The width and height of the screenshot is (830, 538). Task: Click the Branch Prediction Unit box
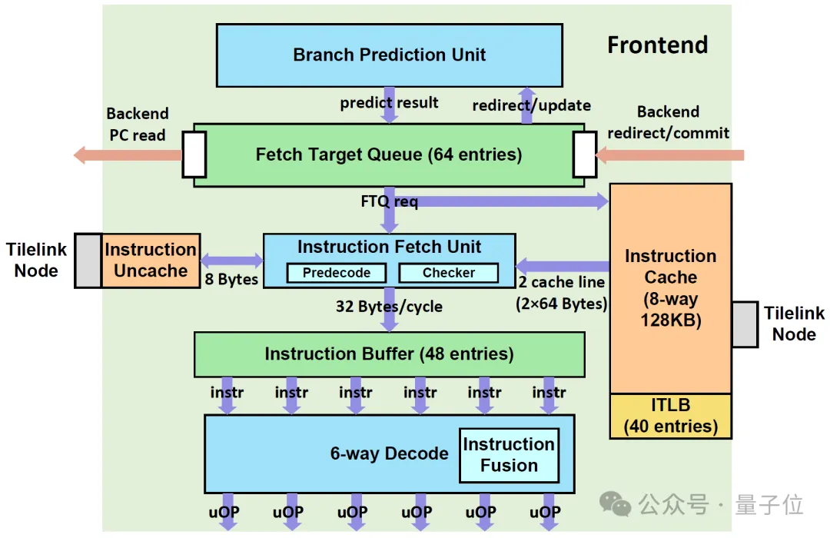click(x=389, y=55)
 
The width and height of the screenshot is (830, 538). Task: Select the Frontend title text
click(x=657, y=45)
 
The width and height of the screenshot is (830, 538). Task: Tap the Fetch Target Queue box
click(x=388, y=154)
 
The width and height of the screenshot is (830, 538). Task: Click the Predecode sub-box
click(x=336, y=273)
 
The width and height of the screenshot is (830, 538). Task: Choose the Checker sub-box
click(x=448, y=273)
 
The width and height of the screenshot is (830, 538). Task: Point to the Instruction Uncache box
click(x=151, y=261)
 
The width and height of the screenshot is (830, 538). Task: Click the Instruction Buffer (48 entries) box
click(x=389, y=354)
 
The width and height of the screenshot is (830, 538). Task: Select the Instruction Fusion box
click(x=509, y=455)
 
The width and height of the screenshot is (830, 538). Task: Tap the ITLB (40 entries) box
click(x=670, y=416)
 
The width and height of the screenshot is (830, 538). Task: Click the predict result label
click(x=389, y=102)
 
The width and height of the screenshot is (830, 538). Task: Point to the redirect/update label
click(x=531, y=105)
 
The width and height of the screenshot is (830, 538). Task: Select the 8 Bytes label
click(x=231, y=279)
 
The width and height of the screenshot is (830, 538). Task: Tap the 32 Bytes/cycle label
click(x=389, y=306)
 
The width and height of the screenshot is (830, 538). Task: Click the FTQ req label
click(x=389, y=202)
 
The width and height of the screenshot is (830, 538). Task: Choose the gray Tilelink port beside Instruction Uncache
click(x=88, y=261)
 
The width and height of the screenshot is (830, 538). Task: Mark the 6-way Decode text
click(x=389, y=453)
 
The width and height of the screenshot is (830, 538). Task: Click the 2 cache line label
click(x=561, y=283)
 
